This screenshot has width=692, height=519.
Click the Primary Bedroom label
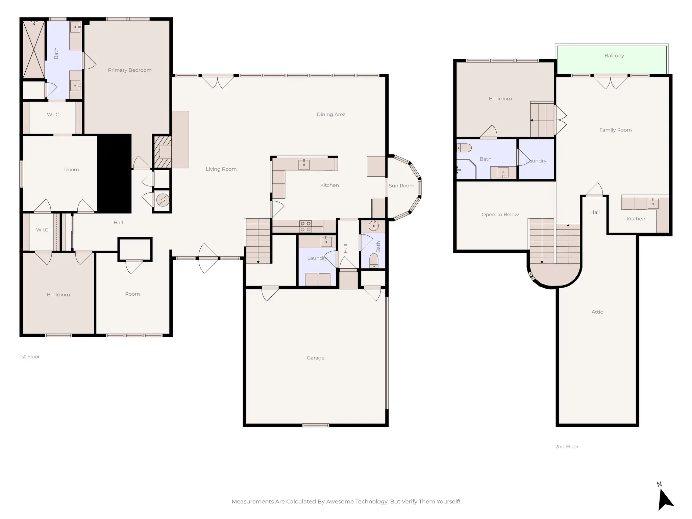[x=129, y=70]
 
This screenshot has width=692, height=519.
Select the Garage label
[x=315, y=358]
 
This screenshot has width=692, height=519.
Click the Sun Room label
[x=401, y=186]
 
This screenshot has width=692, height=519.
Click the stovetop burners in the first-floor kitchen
[x=305, y=226]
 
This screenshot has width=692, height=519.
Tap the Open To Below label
[x=500, y=215]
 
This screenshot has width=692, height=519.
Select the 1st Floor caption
[x=30, y=357]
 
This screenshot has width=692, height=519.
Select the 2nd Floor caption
[x=566, y=447]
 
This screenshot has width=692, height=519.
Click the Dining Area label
[x=331, y=115]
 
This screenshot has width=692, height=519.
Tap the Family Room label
[x=615, y=130]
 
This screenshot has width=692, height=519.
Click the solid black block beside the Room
[x=114, y=173]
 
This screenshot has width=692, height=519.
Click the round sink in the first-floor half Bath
[x=373, y=226]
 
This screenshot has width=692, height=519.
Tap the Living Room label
[x=221, y=169]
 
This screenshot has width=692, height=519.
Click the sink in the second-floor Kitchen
[x=653, y=203]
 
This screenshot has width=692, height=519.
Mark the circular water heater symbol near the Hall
[x=163, y=200]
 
